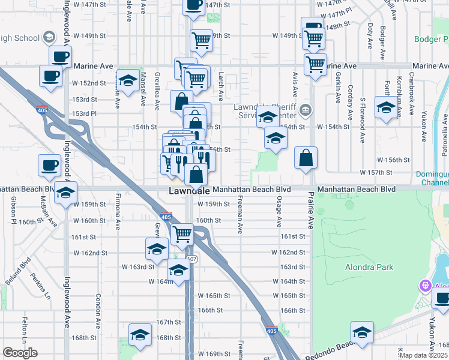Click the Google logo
(20, 353)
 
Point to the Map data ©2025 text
(424, 355)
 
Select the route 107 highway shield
(191, 259)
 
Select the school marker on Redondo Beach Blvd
(363, 332)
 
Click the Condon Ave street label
(97, 307)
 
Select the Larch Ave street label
(221, 86)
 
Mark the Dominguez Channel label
(432, 178)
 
